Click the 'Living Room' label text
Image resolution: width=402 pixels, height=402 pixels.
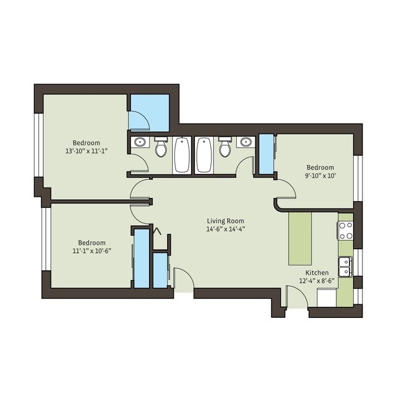tap(225, 221)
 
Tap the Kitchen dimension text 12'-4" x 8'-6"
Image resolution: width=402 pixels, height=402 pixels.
tap(317, 281)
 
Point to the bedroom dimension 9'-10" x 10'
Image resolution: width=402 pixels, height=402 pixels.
tap(320, 176)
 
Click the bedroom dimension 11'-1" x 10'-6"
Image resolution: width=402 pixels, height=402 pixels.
tap(91, 251)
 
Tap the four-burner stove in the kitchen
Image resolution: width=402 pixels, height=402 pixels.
tap(345, 230)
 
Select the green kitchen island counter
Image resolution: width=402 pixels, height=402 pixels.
tap(301, 237)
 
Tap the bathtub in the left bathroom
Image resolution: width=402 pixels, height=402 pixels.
tap(182, 155)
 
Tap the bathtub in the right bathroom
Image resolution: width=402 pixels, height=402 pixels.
tap(203, 155)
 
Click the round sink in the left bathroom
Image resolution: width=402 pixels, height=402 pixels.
tap(140, 143)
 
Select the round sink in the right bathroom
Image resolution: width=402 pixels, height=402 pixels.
tap(246, 143)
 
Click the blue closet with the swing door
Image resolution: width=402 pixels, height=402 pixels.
tap(148, 113)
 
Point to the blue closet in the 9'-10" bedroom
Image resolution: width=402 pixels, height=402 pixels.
tap(267, 153)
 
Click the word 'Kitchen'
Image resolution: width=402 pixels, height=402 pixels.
tap(317, 273)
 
